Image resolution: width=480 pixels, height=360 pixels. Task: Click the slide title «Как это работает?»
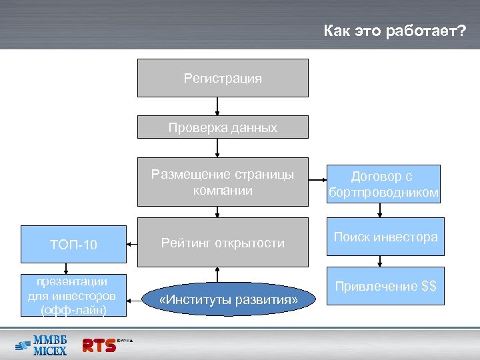pos(394,31)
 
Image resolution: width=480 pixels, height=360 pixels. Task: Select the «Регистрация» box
pos(223,78)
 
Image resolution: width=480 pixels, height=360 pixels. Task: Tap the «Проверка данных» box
pos(223,127)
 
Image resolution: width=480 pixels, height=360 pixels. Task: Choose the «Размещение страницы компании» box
pos(223,182)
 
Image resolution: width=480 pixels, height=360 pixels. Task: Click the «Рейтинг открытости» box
pos(223,243)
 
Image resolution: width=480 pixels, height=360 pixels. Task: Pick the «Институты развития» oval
pos(219,300)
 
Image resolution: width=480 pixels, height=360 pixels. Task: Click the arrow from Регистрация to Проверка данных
pos(217,107)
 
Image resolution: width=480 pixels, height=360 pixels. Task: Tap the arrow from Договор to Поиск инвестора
pos(380,210)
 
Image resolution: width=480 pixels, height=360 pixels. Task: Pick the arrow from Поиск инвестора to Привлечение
pos(380,263)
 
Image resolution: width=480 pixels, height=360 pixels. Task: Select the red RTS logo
pos(99,345)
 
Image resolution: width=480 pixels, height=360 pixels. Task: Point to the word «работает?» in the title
pos(427,31)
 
